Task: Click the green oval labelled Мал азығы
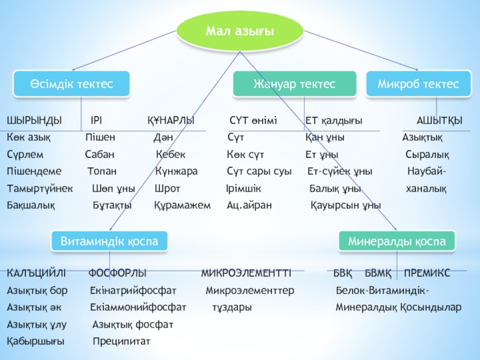pos(239,30)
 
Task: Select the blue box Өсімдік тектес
pos(71,84)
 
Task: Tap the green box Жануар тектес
pos(294,84)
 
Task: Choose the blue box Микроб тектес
pos(418,84)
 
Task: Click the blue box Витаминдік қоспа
pos(109,241)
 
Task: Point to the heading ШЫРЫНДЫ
pos(34,121)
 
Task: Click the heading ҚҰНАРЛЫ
pos(171,121)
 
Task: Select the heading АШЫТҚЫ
pos(439,121)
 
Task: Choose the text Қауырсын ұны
pos(346,205)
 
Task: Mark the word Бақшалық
pos(31,205)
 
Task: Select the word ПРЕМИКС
pos(427,274)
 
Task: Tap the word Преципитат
pos(121,341)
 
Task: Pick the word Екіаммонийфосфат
pos(138,307)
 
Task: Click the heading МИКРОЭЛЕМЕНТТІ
pos(245,274)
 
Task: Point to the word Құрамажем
pos(182,205)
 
